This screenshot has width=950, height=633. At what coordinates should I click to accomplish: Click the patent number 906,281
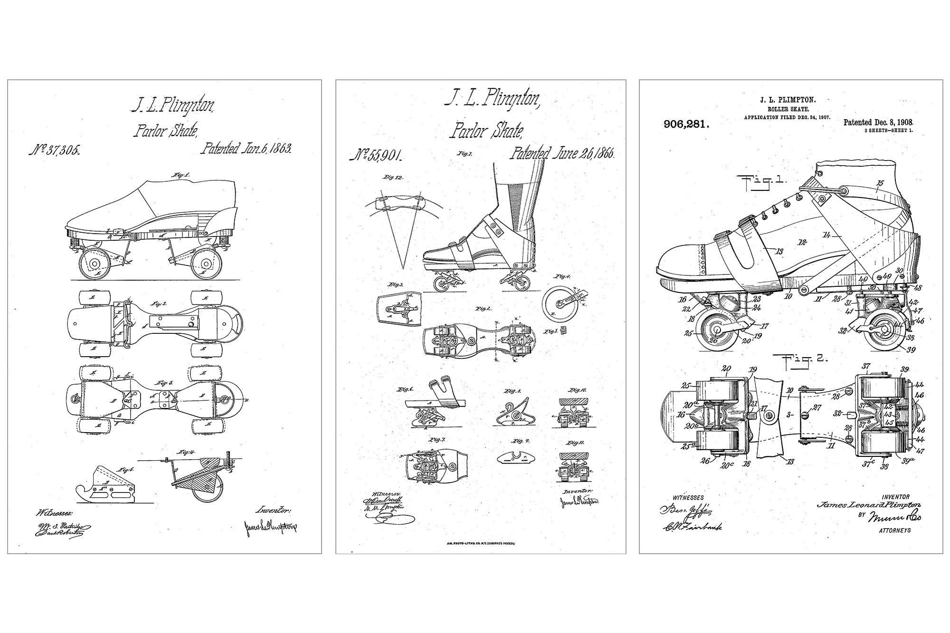point(686,125)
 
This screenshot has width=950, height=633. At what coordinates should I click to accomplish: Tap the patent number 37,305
point(54,151)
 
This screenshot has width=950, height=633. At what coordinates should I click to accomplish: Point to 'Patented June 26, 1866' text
point(562,153)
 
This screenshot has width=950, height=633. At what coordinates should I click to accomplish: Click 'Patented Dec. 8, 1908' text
point(878,123)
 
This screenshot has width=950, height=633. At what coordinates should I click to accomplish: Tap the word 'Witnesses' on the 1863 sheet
point(54,513)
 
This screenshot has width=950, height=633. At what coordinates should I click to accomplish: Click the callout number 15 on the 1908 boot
point(881,183)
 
